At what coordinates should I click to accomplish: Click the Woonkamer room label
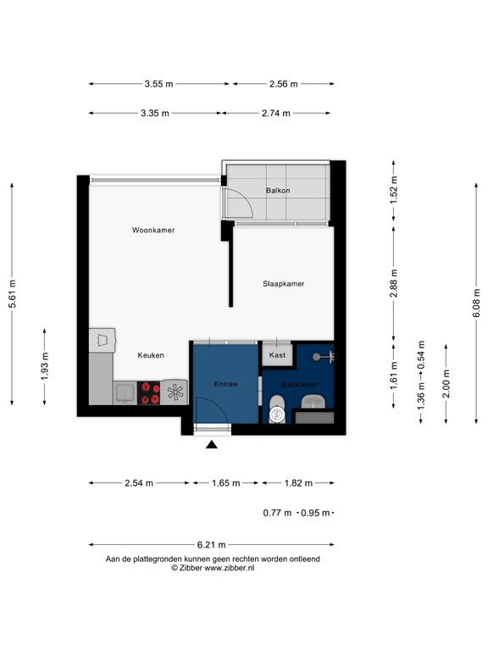click(x=153, y=230)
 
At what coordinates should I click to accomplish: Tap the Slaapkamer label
click(x=283, y=284)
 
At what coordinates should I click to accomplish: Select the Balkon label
click(x=277, y=191)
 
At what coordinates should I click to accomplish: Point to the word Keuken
click(x=151, y=355)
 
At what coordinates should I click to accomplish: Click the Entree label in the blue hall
click(x=225, y=384)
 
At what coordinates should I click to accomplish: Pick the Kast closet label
click(x=277, y=356)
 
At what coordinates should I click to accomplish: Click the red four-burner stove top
click(x=150, y=392)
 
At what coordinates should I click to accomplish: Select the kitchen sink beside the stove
click(x=125, y=392)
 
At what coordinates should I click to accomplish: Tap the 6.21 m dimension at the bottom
click(x=211, y=545)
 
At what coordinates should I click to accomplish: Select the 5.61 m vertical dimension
click(x=12, y=294)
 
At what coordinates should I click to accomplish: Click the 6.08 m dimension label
click(x=477, y=301)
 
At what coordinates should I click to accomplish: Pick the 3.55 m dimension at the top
click(x=158, y=84)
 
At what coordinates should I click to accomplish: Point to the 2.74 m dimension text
click(x=275, y=113)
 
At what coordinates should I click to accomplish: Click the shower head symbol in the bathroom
click(x=319, y=356)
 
